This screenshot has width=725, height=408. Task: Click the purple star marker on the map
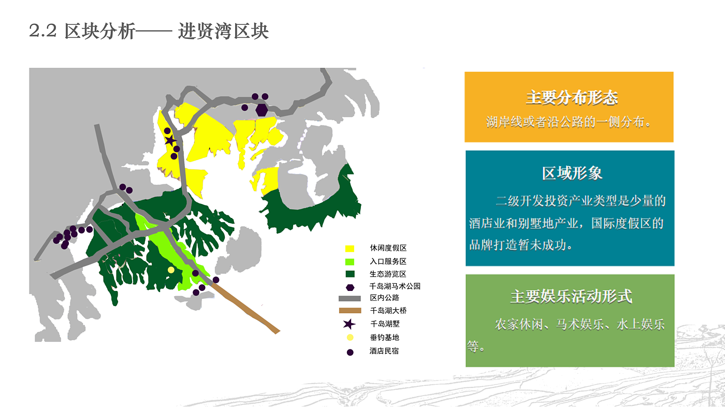point(170,141)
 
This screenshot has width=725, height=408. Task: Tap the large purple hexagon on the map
point(262,110)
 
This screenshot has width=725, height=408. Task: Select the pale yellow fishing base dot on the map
point(171,270)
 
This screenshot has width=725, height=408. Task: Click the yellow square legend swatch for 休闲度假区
point(350,249)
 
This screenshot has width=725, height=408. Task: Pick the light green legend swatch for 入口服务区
point(350,262)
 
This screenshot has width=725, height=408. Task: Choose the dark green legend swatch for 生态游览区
point(350,274)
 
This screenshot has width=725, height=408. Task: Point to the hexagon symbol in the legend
point(350,287)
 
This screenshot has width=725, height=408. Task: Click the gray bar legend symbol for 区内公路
point(350,298)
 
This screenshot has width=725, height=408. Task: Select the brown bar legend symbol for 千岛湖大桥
point(350,311)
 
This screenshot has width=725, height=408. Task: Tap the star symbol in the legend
point(349,324)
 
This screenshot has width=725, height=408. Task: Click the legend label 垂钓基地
point(384,338)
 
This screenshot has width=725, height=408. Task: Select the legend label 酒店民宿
point(384,351)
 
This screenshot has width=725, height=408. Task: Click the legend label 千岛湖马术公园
point(395,286)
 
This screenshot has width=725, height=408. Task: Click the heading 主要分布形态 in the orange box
point(572,98)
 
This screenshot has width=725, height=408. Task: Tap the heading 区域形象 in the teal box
point(572,173)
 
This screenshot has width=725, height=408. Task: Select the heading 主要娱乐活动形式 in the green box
point(571,296)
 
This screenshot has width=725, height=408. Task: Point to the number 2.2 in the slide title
point(42,31)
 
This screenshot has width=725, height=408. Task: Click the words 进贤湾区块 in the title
point(223,31)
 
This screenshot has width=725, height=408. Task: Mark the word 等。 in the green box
point(476,346)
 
